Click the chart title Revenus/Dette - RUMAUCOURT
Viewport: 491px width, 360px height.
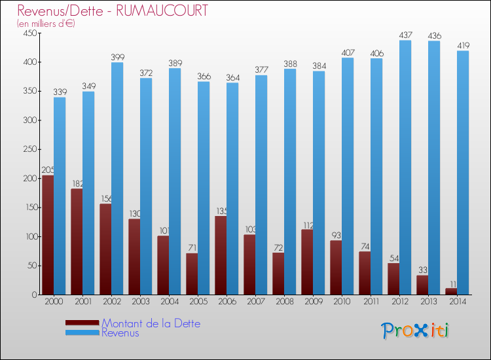click(x=113, y=11)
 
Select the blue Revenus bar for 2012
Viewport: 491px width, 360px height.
click(x=405, y=168)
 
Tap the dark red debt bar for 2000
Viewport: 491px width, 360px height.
click(x=48, y=235)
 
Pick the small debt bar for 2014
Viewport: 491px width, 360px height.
click(x=451, y=291)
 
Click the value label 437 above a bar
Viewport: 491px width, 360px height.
click(x=405, y=35)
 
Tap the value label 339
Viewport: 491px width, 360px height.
click(x=60, y=92)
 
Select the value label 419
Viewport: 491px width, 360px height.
click(x=463, y=46)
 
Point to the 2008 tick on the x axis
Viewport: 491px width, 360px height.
click(x=284, y=302)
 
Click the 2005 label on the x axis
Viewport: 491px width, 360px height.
click(x=198, y=302)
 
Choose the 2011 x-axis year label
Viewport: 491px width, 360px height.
click(x=371, y=302)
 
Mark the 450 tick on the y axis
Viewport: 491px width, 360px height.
click(x=30, y=33)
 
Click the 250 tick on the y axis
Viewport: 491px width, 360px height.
click(x=30, y=149)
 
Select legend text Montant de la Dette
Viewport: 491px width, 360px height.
click(x=151, y=323)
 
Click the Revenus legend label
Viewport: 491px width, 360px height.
click(x=120, y=333)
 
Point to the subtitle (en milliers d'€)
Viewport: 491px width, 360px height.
click(x=46, y=24)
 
